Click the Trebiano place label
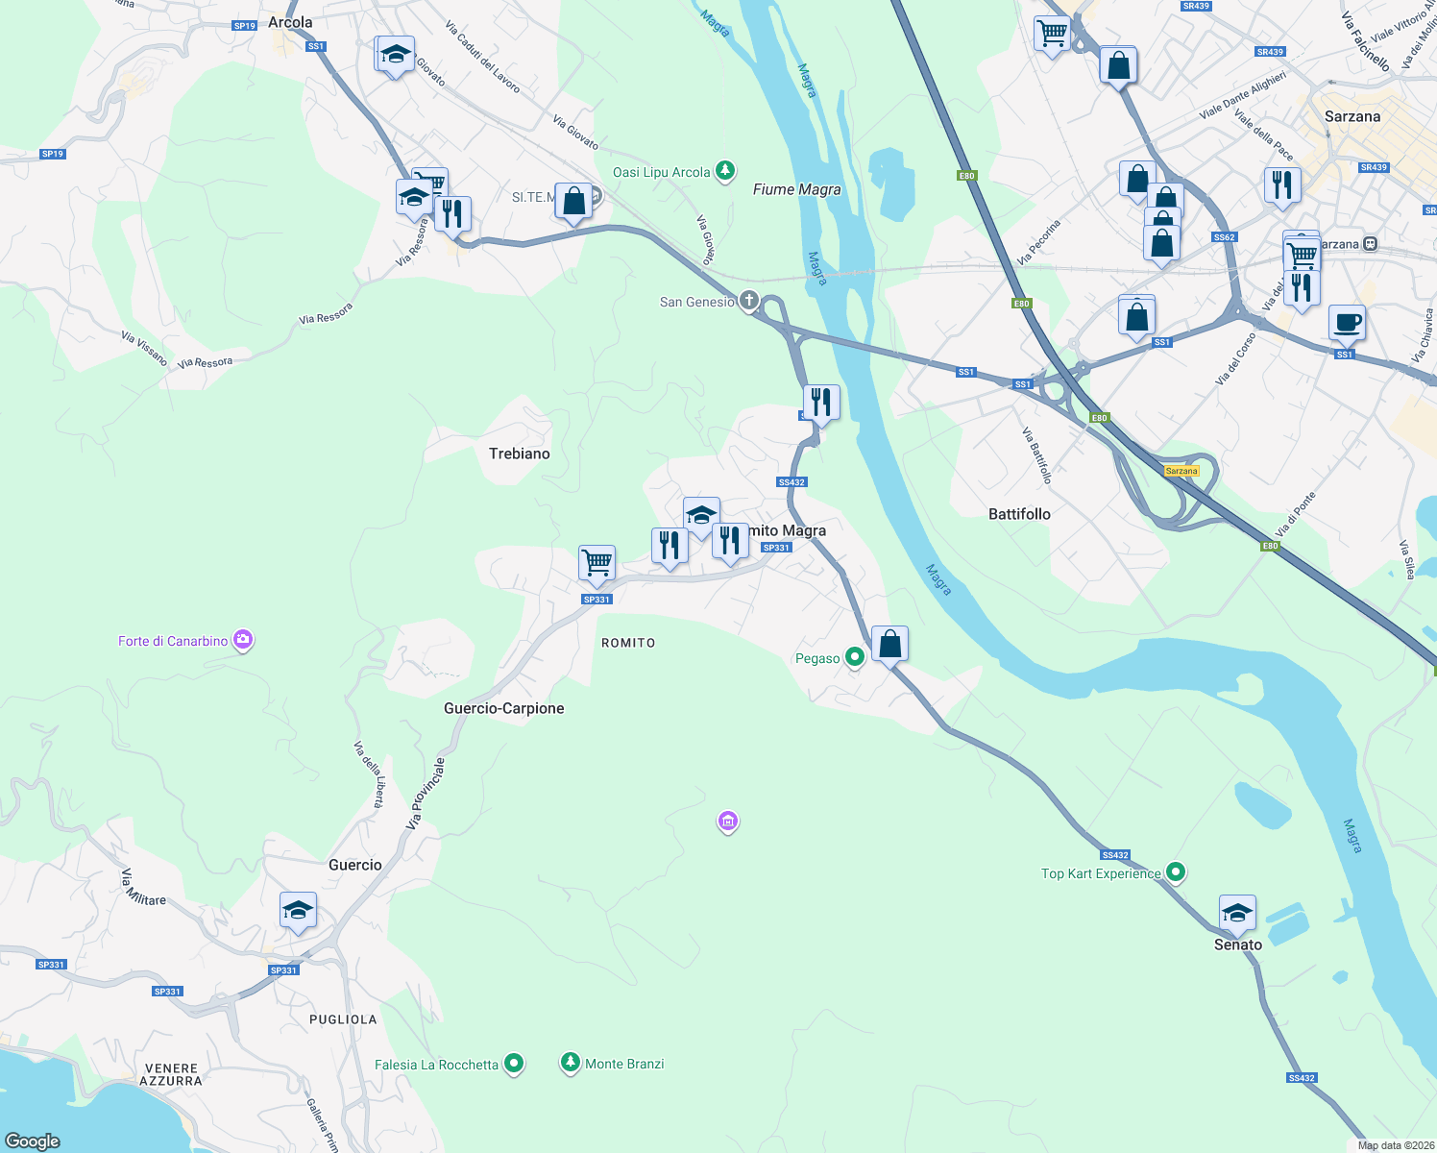pos(519,454)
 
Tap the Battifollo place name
pos(1019,514)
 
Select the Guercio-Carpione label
pos(503,708)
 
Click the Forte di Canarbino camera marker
pos(243,640)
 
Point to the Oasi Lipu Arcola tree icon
pos(725,172)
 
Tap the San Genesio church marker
pos(749,301)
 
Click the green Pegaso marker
pos(854,657)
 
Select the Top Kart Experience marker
pos(1176,872)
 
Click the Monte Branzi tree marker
pos(571,1063)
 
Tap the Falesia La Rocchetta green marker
pos(514,1064)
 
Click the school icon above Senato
pos(1236,914)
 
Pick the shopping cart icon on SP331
pos(597,563)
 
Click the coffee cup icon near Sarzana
pos(1347,323)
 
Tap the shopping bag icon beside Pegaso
pos(889,644)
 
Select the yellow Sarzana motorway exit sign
pos(1181,471)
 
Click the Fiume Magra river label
pos(796,189)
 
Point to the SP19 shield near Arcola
pos(245,26)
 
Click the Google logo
pos(33,1141)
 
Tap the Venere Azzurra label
pos(170,1074)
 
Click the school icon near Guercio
pos(298,910)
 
